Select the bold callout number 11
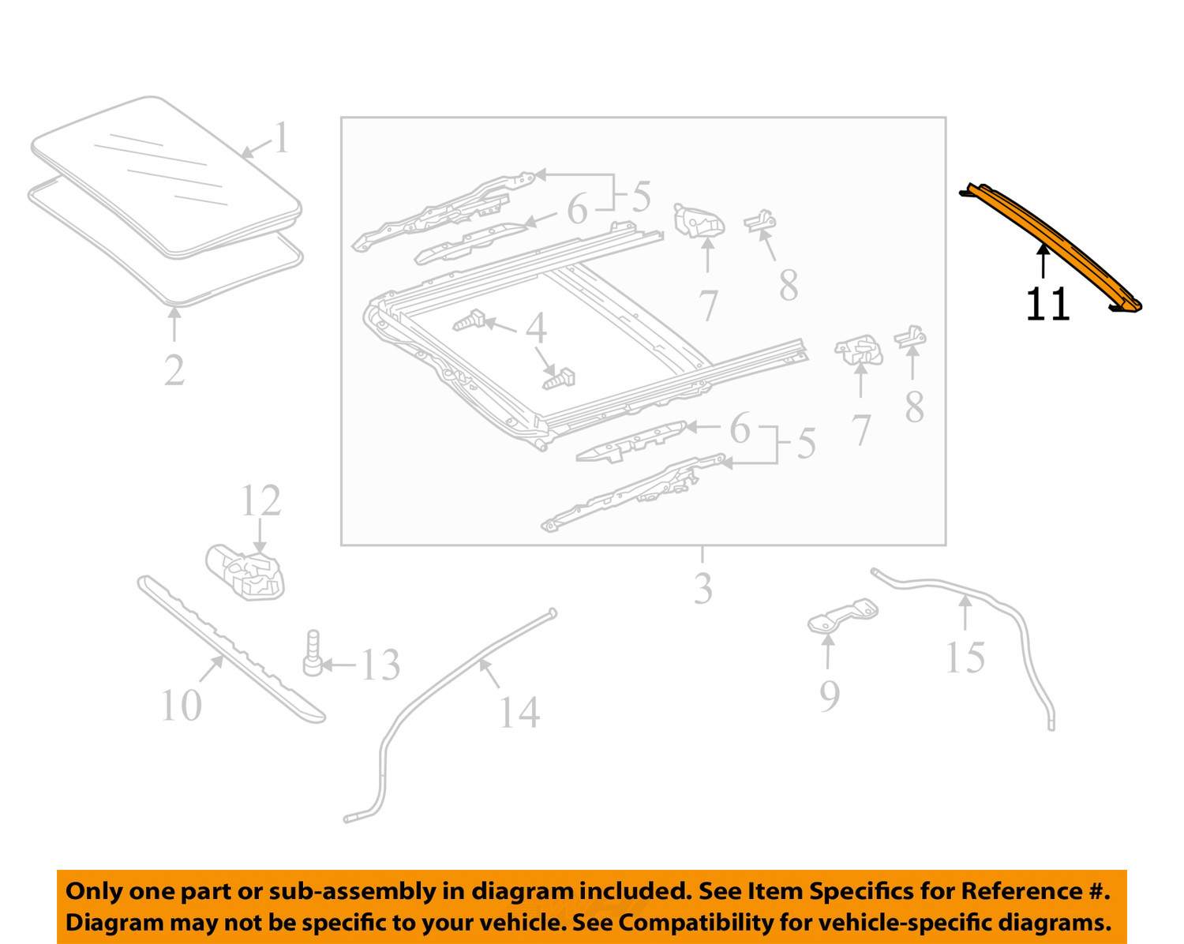1047,304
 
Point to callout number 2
174,369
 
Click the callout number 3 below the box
703,588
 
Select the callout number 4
536,328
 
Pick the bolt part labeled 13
313,653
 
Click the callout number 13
380,665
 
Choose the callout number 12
260,500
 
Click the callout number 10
181,705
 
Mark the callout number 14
519,712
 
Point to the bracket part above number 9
842,616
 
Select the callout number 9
829,695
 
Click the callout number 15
965,657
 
